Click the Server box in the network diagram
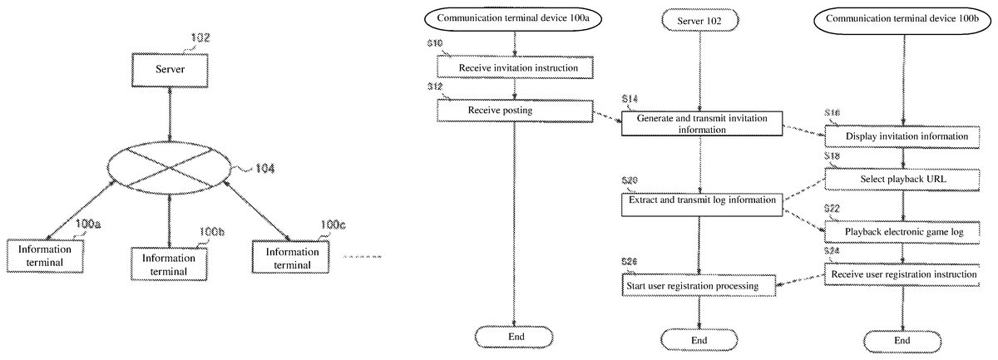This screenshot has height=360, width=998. pyautogui.click(x=170, y=71)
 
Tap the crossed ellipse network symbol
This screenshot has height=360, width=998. pyautogui.click(x=170, y=167)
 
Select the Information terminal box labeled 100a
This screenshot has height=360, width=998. pyautogui.click(x=47, y=256)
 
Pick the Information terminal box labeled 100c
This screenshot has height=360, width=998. pyautogui.click(x=293, y=257)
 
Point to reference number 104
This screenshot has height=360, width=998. pyautogui.click(x=264, y=168)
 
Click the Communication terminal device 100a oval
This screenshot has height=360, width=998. pyautogui.click(x=516, y=19)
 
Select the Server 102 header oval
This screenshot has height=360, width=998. pyautogui.click(x=699, y=19)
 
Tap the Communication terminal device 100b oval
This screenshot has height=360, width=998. pyautogui.click(x=902, y=19)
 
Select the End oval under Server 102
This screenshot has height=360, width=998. pyautogui.click(x=699, y=339)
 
